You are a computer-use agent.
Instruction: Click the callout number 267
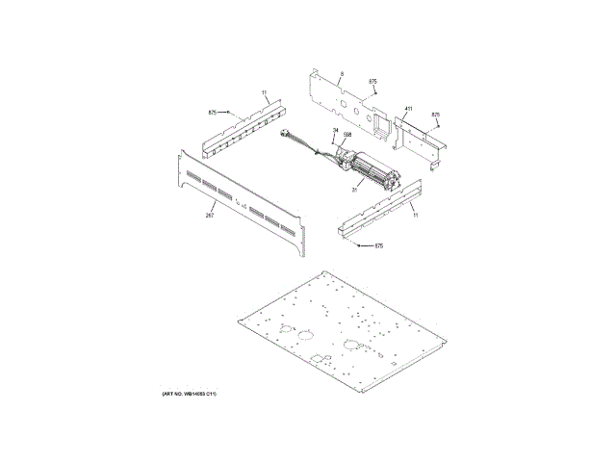(x=209, y=215)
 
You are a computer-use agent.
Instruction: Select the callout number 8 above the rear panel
(x=342, y=73)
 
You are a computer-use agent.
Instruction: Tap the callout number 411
(x=408, y=109)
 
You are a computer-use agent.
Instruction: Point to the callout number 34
(x=335, y=130)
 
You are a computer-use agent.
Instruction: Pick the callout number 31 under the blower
(x=354, y=190)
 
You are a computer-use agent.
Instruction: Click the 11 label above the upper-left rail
(x=265, y=93)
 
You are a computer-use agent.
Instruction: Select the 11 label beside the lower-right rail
(x=416, y=215)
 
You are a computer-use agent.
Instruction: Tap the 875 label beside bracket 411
(x=435, y=115)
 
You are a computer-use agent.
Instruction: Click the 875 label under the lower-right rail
(x=378, y=247)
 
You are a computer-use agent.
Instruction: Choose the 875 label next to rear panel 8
(x=372, y=82)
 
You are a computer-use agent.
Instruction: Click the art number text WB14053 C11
(x=195, y=396)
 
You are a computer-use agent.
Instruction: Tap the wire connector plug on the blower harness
(x=286, y=136)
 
